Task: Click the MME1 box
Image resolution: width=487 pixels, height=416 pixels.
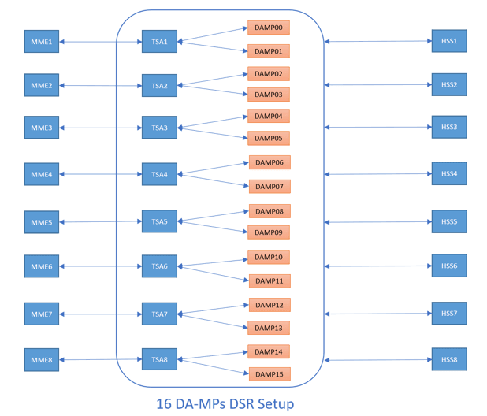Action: [41, 42]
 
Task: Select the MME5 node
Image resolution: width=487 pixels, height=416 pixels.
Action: [41, 222]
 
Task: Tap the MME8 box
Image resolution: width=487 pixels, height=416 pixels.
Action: [41, 360]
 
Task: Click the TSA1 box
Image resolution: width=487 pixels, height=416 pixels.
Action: [159, 42]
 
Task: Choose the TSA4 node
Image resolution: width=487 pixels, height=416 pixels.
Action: [159, 174]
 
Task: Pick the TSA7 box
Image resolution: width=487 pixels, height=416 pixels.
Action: [159, 314]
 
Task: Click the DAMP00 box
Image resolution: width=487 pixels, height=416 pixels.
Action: [269, 28]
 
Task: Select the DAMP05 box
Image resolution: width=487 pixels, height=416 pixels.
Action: [269, 138]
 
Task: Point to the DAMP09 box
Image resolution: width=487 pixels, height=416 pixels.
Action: [270, 232]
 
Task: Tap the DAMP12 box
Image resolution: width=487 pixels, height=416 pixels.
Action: [270, 305]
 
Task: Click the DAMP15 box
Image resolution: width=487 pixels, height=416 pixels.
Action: [269, 374]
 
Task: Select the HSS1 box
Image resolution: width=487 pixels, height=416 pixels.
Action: [449, 41]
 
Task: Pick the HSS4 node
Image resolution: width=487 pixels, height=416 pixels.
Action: [449, 173]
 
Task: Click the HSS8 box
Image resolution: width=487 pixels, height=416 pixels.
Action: [449, 360]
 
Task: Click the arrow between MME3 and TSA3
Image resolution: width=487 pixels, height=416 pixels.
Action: [101, 128]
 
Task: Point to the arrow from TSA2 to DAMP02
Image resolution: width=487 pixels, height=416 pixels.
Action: [213, 80]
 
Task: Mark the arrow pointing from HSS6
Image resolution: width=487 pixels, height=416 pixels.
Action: [378, 266]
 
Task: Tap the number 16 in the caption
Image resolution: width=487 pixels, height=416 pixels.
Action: [165, 404]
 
